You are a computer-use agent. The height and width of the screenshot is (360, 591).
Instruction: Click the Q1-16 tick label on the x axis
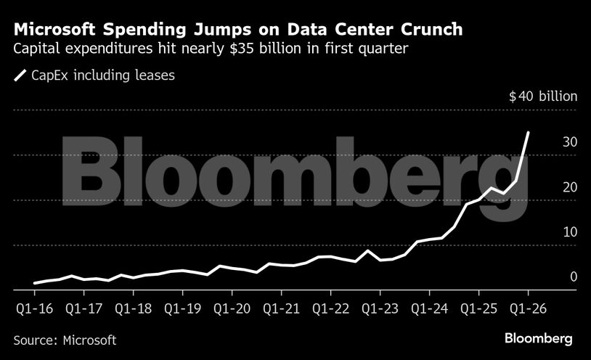pos(33,308)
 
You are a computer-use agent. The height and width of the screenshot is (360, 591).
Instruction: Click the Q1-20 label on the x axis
pos(232,308)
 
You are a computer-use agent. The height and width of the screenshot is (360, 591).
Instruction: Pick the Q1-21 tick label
pos(281,308)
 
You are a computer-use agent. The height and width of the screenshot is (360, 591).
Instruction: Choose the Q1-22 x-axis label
pos(330,308)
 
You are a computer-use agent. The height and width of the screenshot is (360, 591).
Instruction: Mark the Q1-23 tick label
pos(380,308)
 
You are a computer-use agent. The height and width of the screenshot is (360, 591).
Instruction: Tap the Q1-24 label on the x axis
pos(429,308)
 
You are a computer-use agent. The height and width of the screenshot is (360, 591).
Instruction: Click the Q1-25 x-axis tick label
pos(478,308)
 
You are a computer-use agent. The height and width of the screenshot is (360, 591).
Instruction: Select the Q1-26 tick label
pos(528,308)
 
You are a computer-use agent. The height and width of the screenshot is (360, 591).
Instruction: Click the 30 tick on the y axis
pos(569,142)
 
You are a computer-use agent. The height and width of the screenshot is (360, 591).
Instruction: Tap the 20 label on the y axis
pos(569,187)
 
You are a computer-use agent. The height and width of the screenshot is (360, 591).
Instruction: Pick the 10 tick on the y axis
pos(569,232)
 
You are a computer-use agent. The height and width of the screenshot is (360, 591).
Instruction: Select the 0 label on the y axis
pos(574,277)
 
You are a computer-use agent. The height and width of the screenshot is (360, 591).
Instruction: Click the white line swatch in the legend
pos(20,75)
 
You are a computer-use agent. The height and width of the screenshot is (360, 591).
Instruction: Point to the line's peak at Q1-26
pos(528,132)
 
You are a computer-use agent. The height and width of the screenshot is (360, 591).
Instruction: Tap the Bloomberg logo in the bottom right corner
pos(538,339)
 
